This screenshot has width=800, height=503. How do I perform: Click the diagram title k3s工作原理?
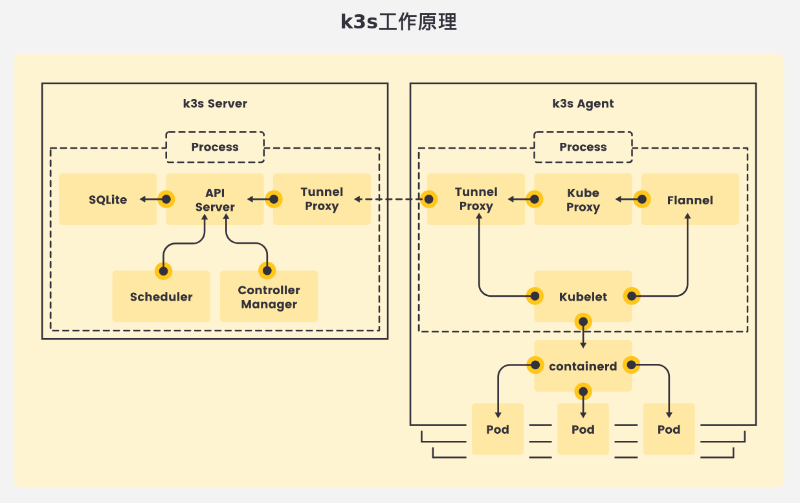(x=399, y=22)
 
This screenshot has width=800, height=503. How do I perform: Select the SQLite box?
(x=108, y=199)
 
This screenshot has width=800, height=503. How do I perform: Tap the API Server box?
(x=215, y=199)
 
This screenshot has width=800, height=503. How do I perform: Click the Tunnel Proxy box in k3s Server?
(x=322, y=199)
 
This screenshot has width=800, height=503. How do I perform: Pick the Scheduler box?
(x=161, y=297)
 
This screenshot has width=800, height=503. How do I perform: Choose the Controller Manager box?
(x=269, y=297)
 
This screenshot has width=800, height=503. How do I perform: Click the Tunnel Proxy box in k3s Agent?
(x=476, y=199)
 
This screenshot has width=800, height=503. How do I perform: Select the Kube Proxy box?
(x=583, y=200)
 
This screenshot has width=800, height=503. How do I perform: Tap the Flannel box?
(x=690, y=200)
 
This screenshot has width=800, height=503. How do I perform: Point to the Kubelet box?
(x=583, y=297)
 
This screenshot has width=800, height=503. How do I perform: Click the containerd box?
(x=583, y=366)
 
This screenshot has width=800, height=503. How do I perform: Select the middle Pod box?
(x=583, y=429)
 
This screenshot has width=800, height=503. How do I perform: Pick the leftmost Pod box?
(x=498, y=429)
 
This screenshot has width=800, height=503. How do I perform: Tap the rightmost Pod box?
(x=669, y=429)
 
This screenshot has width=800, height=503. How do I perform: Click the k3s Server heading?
(x=215, y=103)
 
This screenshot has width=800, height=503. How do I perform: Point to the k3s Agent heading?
(x=583, y=103)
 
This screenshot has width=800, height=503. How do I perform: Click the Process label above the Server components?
(x=215, y=147)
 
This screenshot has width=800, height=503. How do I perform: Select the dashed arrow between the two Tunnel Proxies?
(x=388, y=199)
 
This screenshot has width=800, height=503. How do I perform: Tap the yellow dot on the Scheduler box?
(x=163, y=271)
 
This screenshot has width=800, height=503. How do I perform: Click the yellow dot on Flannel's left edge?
(x=642, y=199)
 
